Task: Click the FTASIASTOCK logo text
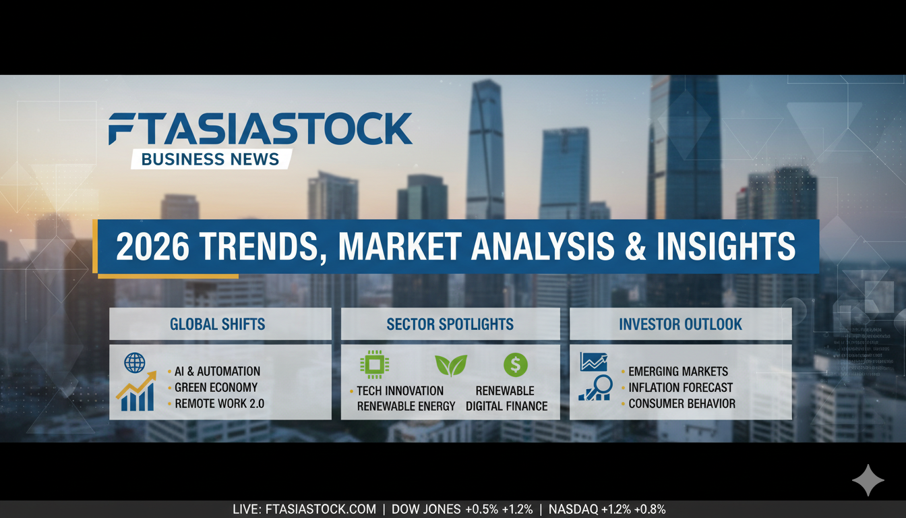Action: (x=260, y=129)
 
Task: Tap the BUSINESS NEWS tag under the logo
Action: (x=210, y=159)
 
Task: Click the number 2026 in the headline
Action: (x=152, y=247)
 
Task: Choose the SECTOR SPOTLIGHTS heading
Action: (x=450, y=324)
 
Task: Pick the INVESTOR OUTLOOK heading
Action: (x=680, y=324)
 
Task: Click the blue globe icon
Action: (x=135, y=364)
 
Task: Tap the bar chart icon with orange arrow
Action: (x=135, y=395)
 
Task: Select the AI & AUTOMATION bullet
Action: (x=217, y=371)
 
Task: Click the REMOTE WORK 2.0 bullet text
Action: (x=219, y=404)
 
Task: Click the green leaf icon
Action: (x=450, y=365)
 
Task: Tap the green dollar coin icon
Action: (x=515, y=365)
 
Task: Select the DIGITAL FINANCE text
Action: (x=506, y=406)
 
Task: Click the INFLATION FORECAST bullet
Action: (x=680, y=388)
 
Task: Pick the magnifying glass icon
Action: (x=597, y=386)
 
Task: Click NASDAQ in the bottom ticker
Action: (x=573, y=510)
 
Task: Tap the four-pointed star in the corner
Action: (x=868, y=480)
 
